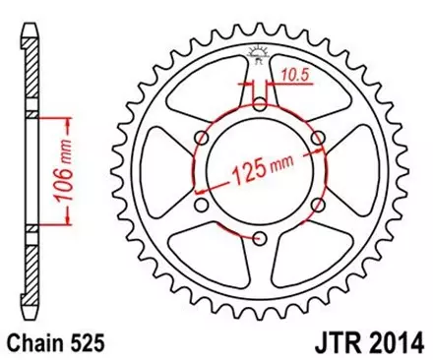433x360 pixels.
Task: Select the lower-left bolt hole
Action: (202, 205)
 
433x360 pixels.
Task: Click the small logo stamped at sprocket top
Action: (260, 55)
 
